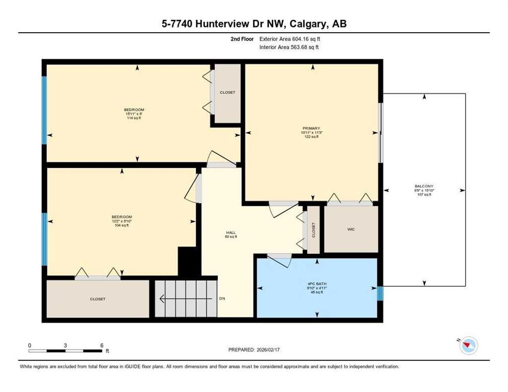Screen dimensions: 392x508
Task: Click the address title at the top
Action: [x=254, y=23]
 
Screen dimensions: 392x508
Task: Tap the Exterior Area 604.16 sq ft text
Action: [x=290, y=38]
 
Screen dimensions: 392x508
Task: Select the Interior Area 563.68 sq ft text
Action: [x=290, y=47]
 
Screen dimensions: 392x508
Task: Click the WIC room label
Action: [x=351, y=229]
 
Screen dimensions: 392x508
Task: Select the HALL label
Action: [x=230, y=233]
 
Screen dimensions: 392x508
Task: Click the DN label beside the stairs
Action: [x=222, y=299]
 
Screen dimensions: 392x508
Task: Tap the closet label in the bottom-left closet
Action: [x=97, y=299]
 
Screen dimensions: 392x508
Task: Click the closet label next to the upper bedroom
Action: [x=227, y=92]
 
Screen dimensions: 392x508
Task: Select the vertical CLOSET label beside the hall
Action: [x=313, y=230]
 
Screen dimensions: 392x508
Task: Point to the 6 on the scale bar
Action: [x=102, y=345]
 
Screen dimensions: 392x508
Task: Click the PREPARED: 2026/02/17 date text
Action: [x=254, y=350]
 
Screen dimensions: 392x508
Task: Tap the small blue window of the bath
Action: [x=380, y=293]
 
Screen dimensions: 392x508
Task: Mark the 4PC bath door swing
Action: [x=279, y=260]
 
